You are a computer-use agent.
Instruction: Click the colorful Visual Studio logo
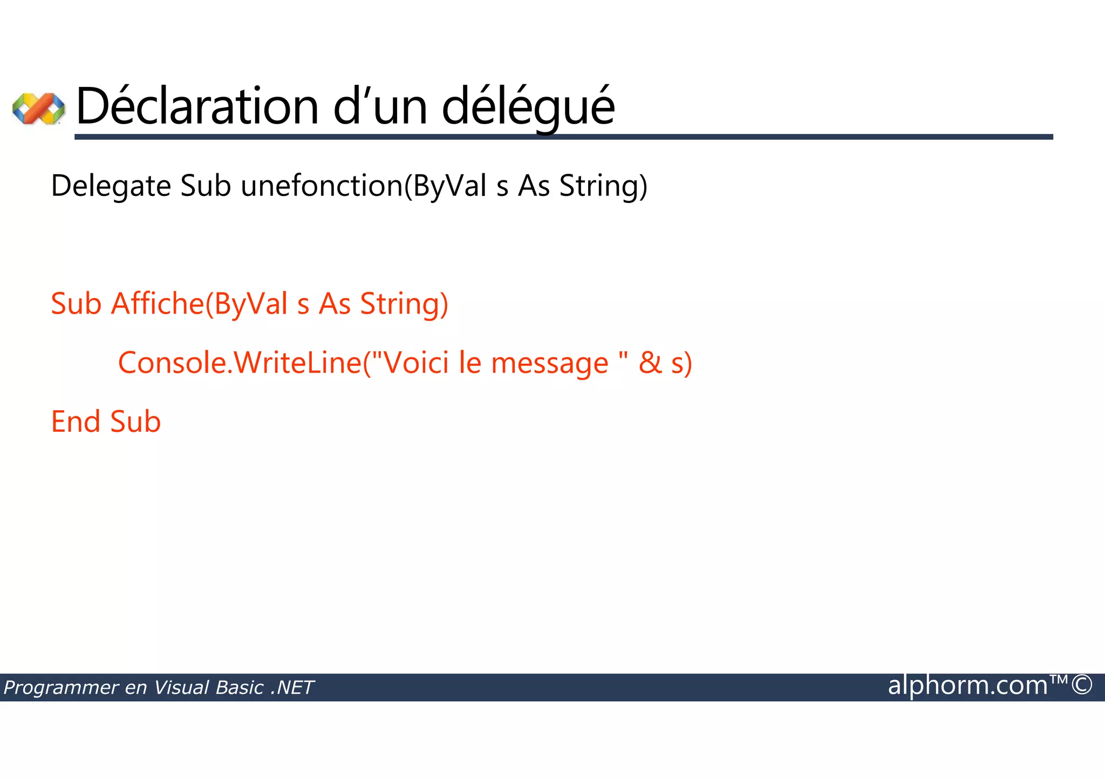tap(38, 108)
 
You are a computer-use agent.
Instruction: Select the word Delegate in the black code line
tap(111, 186)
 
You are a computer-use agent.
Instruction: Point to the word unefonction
tap(322, 186)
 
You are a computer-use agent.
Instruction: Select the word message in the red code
tap(550, 363)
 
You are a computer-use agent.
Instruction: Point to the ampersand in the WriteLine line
tap(650, 362)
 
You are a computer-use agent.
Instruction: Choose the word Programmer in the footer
tap(60, 688)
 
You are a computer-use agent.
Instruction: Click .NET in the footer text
tap(292, 688)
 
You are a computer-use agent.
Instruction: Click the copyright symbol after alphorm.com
tap(1082, 685)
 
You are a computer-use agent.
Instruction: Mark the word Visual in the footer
tap(182, 688)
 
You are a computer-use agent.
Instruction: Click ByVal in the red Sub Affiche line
tap(251, 304)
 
